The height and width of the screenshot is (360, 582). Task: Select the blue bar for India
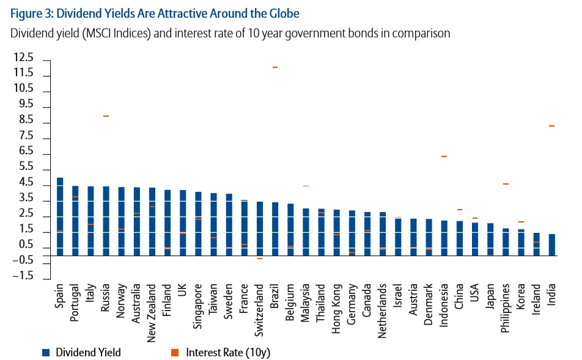551,244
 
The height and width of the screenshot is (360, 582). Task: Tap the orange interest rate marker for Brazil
275,67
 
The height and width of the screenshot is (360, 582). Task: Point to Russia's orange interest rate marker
106,116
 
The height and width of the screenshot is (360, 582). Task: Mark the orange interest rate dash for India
551,126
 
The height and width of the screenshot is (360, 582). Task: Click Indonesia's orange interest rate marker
444,157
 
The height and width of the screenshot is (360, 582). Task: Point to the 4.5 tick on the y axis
26,182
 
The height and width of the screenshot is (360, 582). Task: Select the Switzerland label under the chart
260,305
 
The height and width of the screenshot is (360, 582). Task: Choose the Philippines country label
506,306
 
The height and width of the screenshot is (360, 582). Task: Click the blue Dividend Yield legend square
46,352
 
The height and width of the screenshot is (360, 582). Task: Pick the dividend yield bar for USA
475,239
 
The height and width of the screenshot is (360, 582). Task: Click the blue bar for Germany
352,232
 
